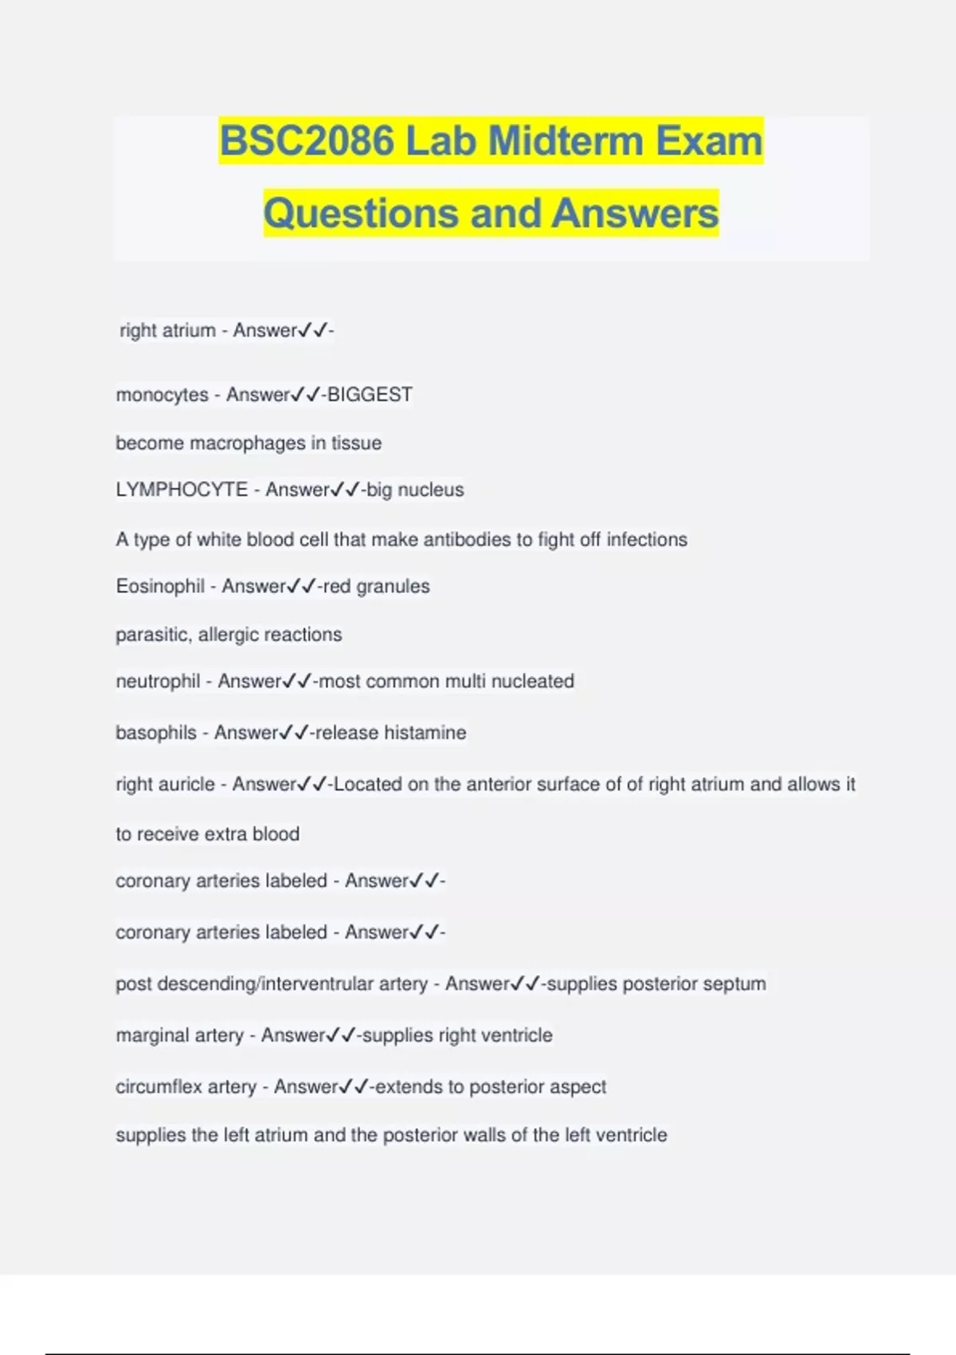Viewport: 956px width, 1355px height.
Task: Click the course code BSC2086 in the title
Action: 308,141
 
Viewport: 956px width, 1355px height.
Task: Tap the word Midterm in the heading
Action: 566,141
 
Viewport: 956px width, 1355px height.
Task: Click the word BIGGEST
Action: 370,395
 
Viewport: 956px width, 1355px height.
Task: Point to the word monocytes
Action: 162,395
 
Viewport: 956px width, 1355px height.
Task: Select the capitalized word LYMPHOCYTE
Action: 182,489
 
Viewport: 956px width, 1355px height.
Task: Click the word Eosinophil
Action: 160,587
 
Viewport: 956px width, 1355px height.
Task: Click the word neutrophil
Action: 158,681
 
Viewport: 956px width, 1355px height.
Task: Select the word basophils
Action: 156,732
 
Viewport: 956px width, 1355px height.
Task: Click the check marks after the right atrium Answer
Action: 313,331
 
